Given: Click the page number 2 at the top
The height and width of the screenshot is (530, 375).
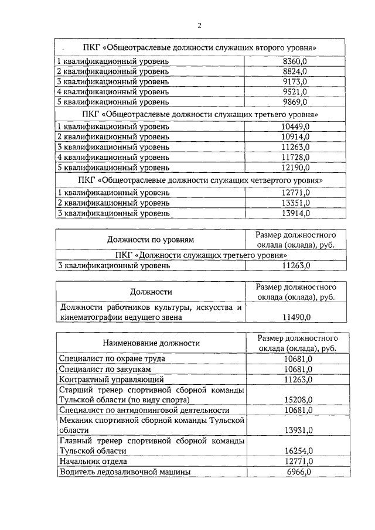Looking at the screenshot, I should [199, 25].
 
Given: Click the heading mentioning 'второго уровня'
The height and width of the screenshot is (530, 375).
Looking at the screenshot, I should [200, 47].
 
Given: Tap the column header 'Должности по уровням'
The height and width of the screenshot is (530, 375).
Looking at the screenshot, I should [150, 239].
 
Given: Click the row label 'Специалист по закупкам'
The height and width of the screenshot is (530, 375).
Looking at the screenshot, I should [105, 369].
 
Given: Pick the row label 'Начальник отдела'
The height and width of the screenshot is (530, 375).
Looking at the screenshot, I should [91, 461].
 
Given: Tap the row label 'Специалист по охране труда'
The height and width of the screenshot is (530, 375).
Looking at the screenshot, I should [112, 358].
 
